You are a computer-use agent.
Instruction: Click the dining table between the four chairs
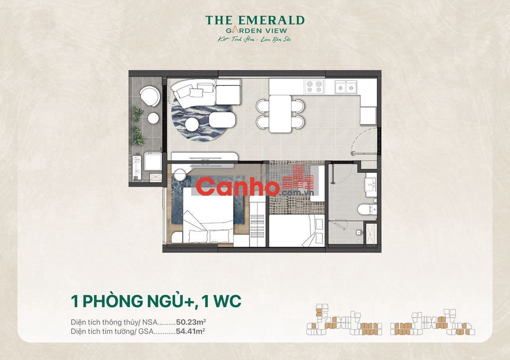click(x=280, y=113)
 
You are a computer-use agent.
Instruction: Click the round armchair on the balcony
click(x=149, y=95)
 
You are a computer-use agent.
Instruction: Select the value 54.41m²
click(x=191, y=330)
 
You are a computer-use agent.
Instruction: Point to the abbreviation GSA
click(x=145, y=330)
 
